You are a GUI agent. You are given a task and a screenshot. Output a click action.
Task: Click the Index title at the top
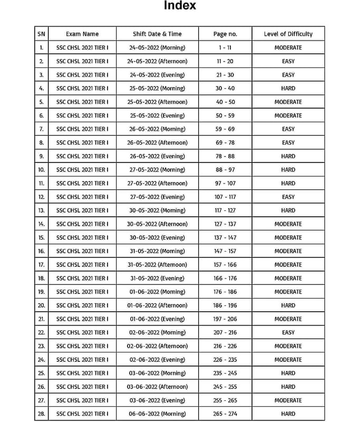180,6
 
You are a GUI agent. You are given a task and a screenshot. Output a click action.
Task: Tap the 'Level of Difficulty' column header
288,34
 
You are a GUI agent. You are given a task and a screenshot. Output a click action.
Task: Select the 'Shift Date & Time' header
157,34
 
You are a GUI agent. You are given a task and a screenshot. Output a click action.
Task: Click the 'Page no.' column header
225,34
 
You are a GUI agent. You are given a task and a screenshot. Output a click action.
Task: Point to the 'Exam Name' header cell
82,34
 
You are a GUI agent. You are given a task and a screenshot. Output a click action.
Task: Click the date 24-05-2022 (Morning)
157,47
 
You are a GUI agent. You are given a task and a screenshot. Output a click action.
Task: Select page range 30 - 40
225,88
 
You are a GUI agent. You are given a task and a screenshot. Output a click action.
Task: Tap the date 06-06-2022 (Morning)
157,414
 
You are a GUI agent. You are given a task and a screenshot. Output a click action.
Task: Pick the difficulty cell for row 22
288,332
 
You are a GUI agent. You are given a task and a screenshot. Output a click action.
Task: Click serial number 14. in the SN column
42,224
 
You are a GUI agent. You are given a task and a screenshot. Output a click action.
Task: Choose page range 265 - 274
225,414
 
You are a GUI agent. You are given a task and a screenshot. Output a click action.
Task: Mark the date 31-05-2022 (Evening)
157,278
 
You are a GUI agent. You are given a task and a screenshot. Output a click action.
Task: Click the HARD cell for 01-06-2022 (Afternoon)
288,305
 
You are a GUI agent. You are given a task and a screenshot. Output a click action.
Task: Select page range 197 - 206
225,319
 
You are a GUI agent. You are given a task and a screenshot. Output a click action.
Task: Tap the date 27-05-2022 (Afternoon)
157,183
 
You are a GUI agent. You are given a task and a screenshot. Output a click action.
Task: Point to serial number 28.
42,414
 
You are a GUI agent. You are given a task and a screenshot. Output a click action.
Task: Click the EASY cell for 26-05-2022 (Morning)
288,129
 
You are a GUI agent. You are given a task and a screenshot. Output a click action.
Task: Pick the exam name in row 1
82,47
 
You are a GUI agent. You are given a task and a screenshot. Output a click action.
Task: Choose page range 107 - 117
225,197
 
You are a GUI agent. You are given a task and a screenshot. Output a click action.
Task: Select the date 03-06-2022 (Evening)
157,400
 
